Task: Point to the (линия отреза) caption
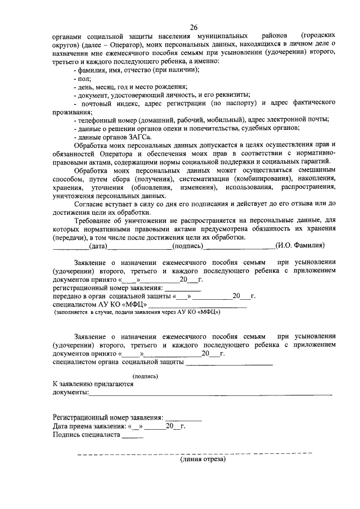[x=202, y=460]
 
